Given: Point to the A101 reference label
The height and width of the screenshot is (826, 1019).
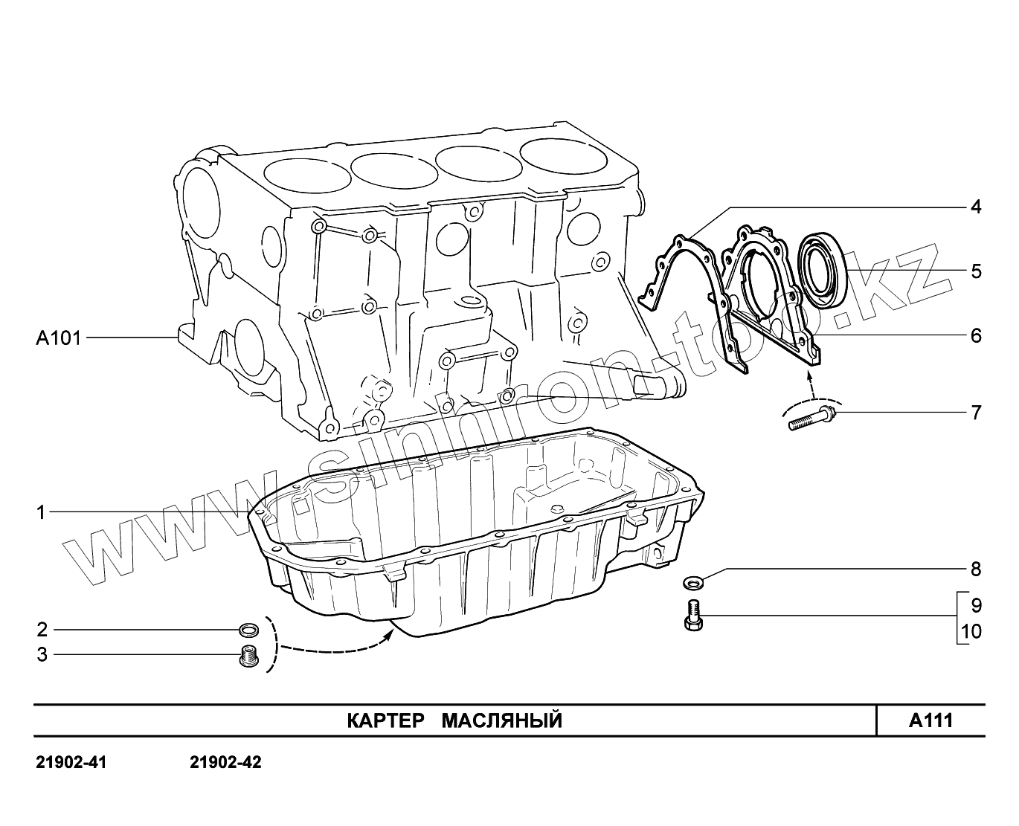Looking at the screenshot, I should (58, 338).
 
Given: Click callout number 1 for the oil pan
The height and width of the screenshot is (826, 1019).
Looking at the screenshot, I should (42, 512).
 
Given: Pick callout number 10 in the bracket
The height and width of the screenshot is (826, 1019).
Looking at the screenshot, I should (971, 632).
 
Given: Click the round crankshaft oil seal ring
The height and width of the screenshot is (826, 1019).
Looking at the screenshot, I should (822, 270).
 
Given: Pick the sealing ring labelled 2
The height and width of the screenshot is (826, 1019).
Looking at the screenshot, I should (250, 631).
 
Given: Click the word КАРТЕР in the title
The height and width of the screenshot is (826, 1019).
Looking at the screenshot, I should (385, 720).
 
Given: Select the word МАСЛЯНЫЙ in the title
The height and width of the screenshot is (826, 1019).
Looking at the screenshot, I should (502, 720).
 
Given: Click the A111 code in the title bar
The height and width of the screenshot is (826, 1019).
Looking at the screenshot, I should (930, 720).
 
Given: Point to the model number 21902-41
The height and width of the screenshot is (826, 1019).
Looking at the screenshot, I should (71, 763).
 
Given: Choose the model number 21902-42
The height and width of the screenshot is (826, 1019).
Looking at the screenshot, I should (226, 763).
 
